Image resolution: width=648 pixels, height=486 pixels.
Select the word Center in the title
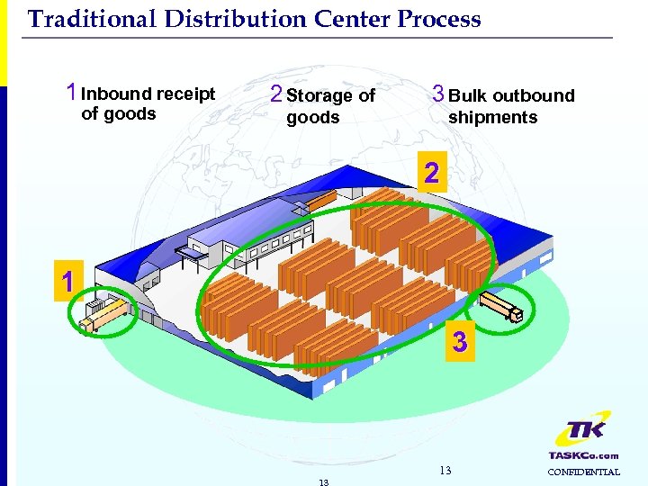[x=348, y=19]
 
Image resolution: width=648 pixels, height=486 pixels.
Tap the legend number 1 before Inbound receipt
[x=70, y=93]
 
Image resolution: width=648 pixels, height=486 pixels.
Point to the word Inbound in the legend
[x=116, y=94]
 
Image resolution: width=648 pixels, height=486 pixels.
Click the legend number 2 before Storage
[x=276, y=94]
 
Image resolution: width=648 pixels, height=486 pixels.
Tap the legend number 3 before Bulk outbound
[x=437, y=94]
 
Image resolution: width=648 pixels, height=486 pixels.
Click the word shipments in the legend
[x=492, y=117]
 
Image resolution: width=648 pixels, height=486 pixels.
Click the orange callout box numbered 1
[x=67, y=283]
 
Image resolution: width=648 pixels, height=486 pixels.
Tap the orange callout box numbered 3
[x=459, y=342]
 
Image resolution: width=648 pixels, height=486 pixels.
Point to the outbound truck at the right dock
[x=501, y=305]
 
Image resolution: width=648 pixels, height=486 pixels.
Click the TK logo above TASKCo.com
[x=582, y=431]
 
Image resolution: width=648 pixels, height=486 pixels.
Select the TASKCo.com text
[x=583, y=455]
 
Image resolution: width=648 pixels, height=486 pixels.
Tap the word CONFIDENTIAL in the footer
[x=584, y=472]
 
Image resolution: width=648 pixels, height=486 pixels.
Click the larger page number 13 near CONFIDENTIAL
[x=445, y=471]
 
